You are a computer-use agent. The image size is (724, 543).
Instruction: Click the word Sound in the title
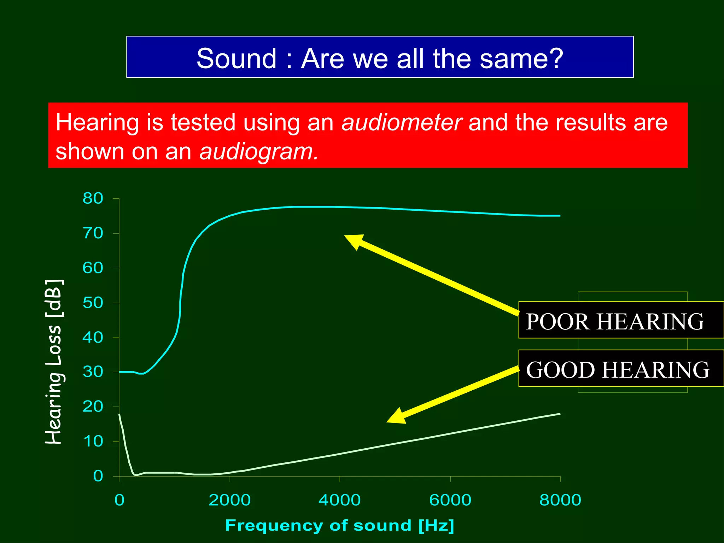pos(236,58)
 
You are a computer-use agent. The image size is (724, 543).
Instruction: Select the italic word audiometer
pos(402,123)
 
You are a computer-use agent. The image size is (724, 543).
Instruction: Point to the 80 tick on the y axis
pos(93,198)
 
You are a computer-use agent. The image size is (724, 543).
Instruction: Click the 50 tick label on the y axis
pos(93,303)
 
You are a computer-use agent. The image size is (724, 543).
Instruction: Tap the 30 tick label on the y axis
pos(93,372)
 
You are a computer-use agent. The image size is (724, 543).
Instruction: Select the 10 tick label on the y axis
pos(93,442)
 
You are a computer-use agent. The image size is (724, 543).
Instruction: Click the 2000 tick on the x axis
pos(229,500)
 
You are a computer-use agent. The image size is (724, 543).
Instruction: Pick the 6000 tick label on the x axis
pos(450,500)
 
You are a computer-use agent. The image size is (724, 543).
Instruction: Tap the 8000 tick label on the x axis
pos(560,500)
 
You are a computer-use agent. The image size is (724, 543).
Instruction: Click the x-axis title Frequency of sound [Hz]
pos(339,525)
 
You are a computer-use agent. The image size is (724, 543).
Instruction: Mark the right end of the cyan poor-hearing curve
pos(560,216)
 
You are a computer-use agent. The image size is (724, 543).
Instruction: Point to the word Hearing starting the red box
pos(97,123)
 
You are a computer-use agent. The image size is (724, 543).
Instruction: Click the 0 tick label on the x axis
pos(119,500)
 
